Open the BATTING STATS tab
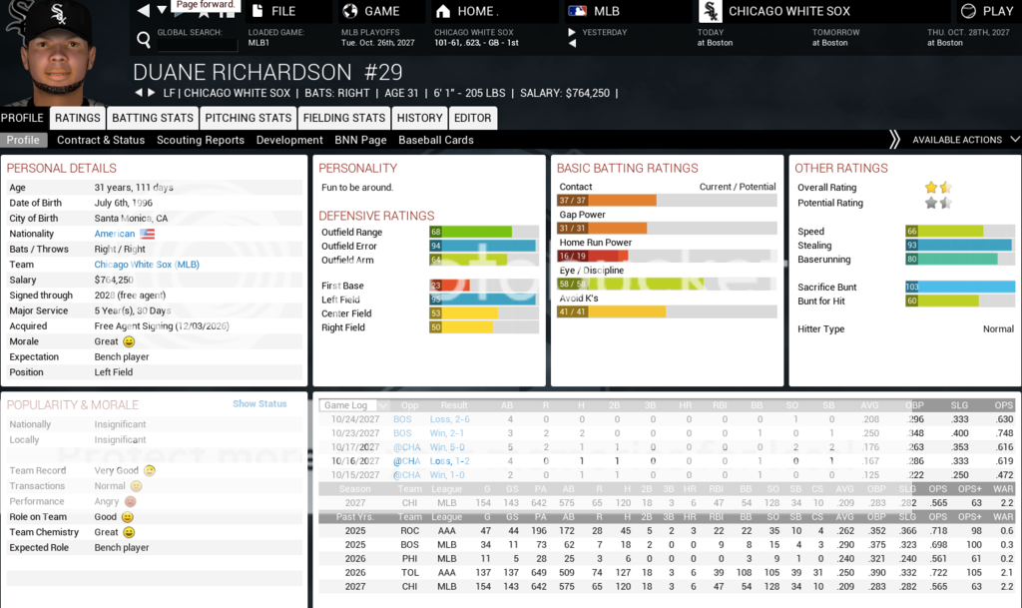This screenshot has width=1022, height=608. click(152, 118)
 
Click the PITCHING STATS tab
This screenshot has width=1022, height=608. click(248, 118)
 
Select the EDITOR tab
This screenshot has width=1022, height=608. click(473, 118)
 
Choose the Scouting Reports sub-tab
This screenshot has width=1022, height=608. click(201, 140)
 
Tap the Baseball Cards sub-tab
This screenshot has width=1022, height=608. click(436, 140)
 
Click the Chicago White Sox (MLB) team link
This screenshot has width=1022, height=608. click(147, 265)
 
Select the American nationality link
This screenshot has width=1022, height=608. click(115, 234)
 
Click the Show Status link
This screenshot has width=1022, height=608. click(259, 404)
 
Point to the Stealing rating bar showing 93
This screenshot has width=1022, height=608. click(959, 245)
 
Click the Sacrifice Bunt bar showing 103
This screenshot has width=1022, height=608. click(959, 288)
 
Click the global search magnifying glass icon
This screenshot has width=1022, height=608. click(144, 40)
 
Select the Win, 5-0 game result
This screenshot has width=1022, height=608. click(449, 447)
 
